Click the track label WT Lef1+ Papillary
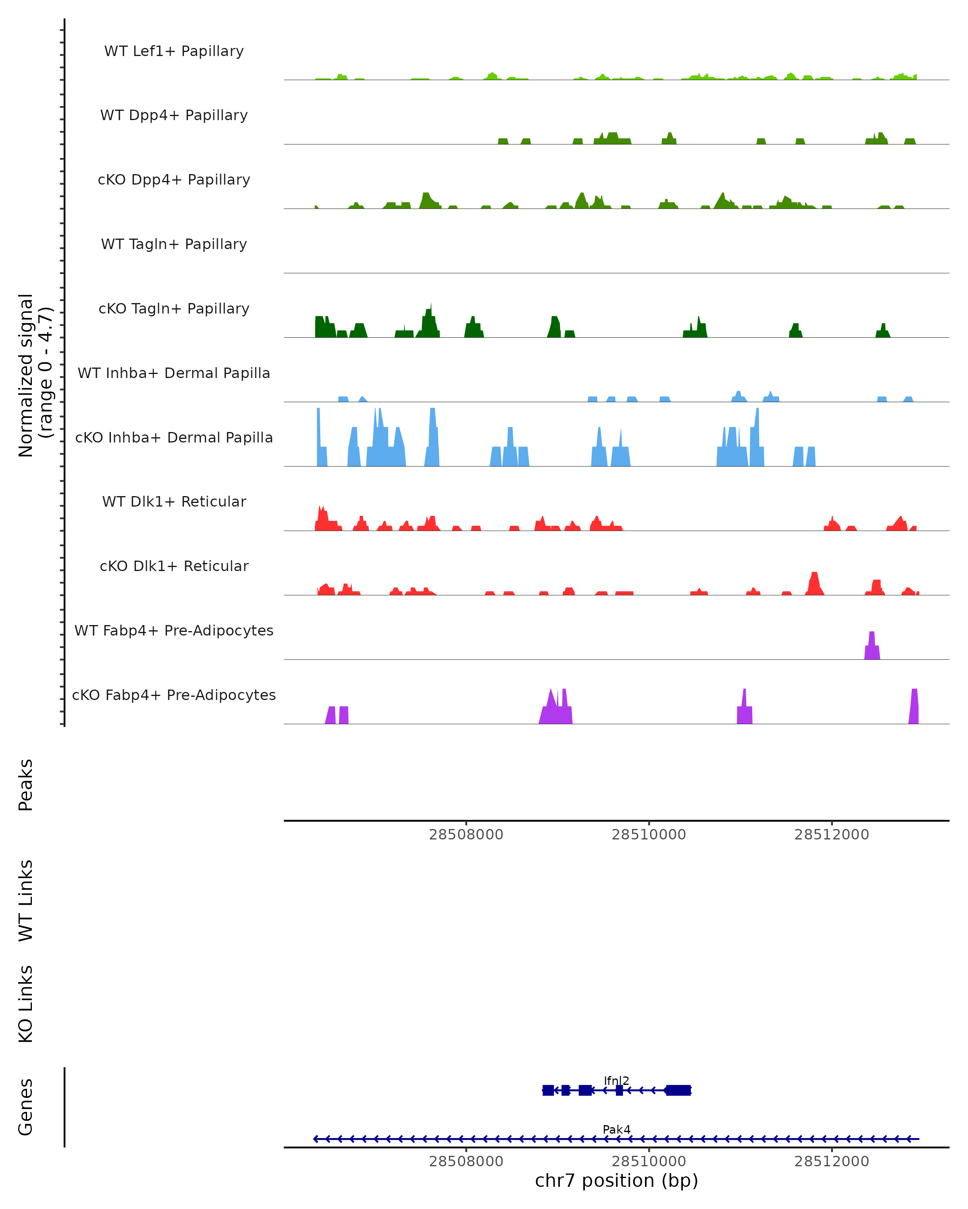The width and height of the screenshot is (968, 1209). (x=174, y=51)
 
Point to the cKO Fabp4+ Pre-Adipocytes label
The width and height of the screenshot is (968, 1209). (x=174, y=695)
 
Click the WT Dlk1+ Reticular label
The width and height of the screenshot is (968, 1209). (x=174, y=501)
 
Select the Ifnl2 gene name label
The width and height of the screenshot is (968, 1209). (x=616, y=1080)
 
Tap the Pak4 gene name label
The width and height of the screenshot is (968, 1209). (x=616, y=1129)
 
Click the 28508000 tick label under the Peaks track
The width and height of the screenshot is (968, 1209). (x=466, y=835)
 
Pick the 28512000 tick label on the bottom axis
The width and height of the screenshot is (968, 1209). (x=831, y=1161)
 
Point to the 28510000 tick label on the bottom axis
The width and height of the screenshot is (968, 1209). (x=649, y=1161)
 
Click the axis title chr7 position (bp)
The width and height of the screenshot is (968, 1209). (x=616, y=1181)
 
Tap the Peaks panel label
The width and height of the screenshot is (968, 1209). (x=26, y=785)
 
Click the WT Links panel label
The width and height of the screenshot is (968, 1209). (x=26, y=900)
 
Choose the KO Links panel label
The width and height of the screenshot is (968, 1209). (x=26, y=1004)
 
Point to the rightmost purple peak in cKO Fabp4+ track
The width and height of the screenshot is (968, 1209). (x=914, y=708)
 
